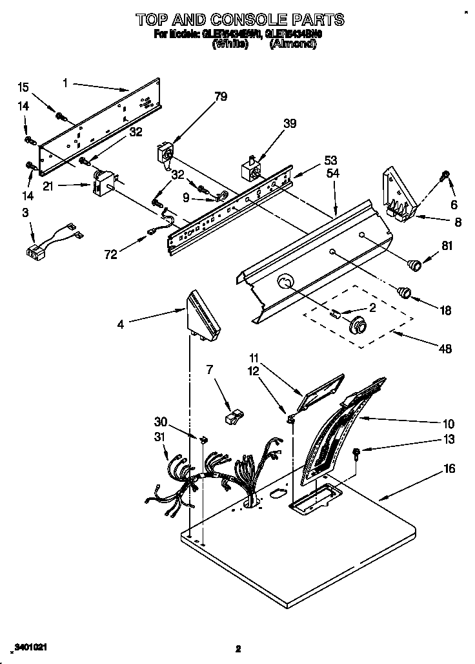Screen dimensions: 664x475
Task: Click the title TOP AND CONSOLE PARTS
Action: pyautogui.click(x=239, y=20)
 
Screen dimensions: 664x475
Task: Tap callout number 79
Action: pyautogui.click(x=221, y=98)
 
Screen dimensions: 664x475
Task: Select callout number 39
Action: pyautogui.click(x=290, y=123)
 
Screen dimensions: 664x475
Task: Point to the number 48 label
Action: pyautogui.click(x=445, y=349)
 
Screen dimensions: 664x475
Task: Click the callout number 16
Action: pyautogui.click(x=448, y=468)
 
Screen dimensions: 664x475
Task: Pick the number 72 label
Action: pyautogui.click(x=110, y=254)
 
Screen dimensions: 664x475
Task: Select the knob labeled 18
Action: pyautogui.click(x=405, y=291)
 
